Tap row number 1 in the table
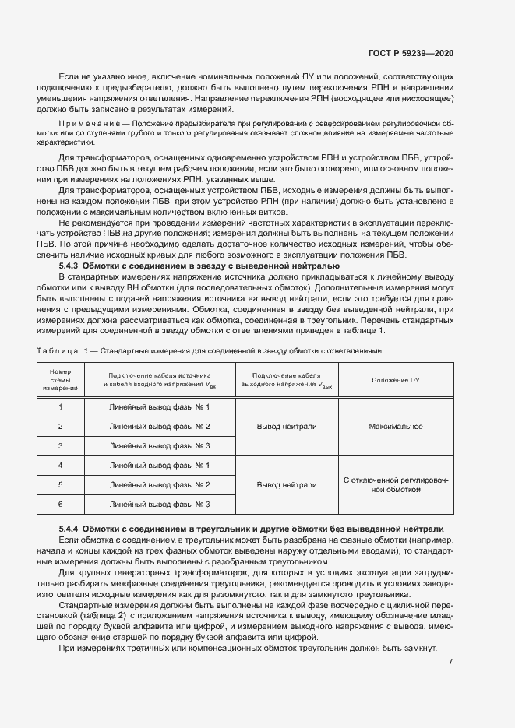(x=60, y=407)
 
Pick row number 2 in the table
(x=60, y=427)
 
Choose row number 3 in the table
(x=60, y=446)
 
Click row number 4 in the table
(x=60, y=466)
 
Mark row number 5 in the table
(x=60, y=485)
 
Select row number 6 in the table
(x=60, y=505)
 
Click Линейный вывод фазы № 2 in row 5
(x=160, y=485)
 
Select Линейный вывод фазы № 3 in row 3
(x=160, y=446)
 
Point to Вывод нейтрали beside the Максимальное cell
(x=287, y=427)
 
